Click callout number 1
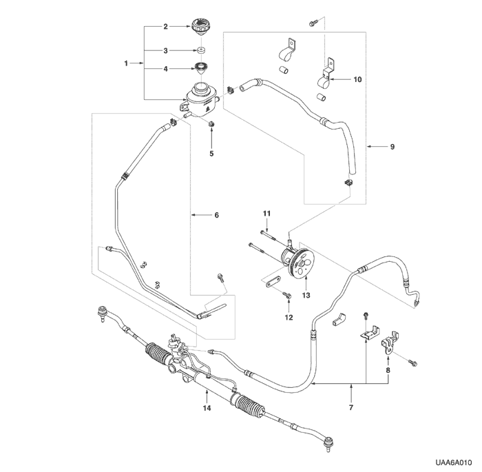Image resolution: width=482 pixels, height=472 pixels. pyautogui.click(x=127, y=63)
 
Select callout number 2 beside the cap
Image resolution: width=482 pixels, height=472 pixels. pyautogui.click(x=165, y=27)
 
